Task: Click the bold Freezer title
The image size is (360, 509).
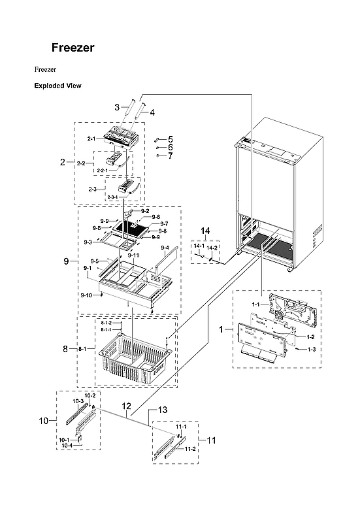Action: pos(73,48)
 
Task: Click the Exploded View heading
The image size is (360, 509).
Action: pos(57,86)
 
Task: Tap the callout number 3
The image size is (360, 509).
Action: pos(117,107)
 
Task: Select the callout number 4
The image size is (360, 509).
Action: pos(152,112)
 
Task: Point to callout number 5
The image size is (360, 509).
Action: pos(170,139)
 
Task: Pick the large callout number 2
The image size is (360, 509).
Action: pos(63,161)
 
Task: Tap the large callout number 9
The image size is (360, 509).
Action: pos(67,261)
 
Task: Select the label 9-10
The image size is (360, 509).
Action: pos(86,296)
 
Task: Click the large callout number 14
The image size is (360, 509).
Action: pos(205,231)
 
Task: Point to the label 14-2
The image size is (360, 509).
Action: pos(213,246)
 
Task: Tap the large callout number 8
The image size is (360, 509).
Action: pos(65,350)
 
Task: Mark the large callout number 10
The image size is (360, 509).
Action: pos(43,421)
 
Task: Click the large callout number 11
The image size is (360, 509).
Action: pos(210,440)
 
